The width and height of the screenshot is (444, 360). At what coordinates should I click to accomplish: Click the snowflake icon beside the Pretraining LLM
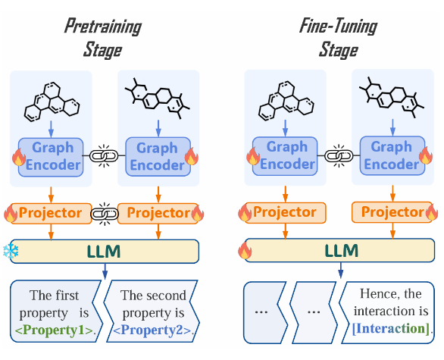tap(11, 251)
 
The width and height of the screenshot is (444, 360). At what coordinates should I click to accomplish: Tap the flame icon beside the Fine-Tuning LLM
tap(245, 250)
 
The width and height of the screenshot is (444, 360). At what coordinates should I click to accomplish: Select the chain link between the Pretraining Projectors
tap(105, 214)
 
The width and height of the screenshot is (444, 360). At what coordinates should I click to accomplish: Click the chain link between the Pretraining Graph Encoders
tap(104, 156)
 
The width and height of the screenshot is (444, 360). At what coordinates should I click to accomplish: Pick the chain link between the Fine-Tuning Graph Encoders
tap(339, 155)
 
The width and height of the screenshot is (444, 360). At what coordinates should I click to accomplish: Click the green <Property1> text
tap(54, 330)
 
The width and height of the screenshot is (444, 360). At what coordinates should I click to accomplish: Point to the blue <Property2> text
tap(152, 330)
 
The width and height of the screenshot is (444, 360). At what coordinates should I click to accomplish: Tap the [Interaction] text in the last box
tap(391, 329)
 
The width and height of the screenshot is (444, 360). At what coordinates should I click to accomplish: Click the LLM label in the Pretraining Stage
tap(104, 251)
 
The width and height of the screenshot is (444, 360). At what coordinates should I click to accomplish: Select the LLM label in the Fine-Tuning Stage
tap(342, 250)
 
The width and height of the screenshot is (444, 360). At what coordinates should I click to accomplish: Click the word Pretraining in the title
tap(103, 27)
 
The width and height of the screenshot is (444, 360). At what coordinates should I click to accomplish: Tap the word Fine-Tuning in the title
tap(339, 27)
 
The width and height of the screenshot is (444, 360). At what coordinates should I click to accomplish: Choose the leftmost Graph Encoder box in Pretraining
tap(51, 157)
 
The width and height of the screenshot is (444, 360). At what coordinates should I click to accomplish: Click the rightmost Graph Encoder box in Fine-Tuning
tap(392, 156)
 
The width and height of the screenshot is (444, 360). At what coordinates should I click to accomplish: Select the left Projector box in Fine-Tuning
tap(285, 213)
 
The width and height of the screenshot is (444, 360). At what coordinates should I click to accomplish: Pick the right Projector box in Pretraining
tap(158, 214)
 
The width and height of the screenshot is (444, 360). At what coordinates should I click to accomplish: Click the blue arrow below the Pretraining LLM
tap(105, 271)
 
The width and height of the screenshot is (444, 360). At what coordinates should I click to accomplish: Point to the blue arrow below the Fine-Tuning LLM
tap(341, 271)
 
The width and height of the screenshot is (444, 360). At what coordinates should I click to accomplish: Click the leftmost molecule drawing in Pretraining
tap(52, 102)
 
